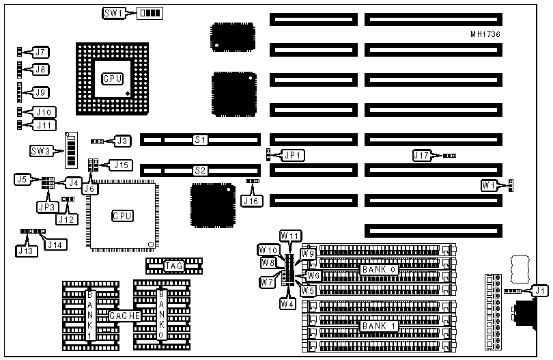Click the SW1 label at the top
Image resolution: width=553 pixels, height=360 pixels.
click(x=113, y=13)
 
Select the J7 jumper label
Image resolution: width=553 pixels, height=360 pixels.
click(x=41, y=52)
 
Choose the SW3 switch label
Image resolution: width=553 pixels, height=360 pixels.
click(x=42, y=150)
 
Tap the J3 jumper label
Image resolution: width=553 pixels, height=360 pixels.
click(x=122, y=141)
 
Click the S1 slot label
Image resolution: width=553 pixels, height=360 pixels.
click(x=200, y=140)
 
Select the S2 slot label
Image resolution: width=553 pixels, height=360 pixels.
click(x=200, y=170)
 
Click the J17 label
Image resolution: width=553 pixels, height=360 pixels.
click(x=423, y=156)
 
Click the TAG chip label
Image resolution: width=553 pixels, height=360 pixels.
click(x=173, y=264)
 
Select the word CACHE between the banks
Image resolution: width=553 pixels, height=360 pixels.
click(x=124, y=316)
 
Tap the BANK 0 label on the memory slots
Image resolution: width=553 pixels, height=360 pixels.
click(x=376, y=269)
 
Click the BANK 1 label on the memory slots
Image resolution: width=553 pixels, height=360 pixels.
click(x=376, y=326)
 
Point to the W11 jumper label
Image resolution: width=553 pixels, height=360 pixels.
click(x=290, y=236)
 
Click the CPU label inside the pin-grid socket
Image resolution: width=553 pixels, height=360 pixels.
click(x=112, y=79)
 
